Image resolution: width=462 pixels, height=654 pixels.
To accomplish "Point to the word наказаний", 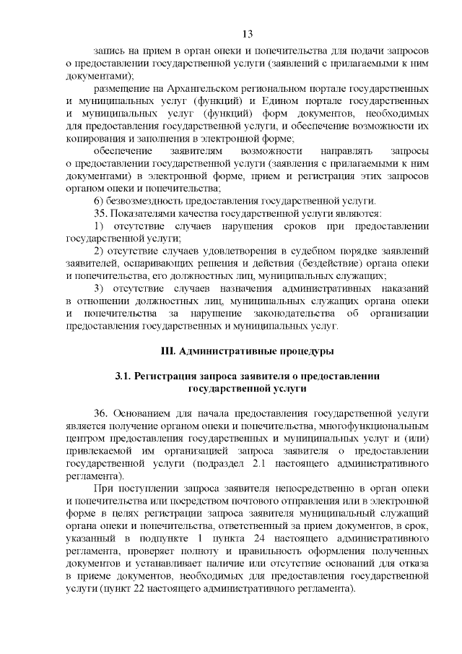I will [x=402, y=288].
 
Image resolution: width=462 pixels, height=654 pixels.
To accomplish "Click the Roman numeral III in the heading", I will [x=167, y=352].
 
